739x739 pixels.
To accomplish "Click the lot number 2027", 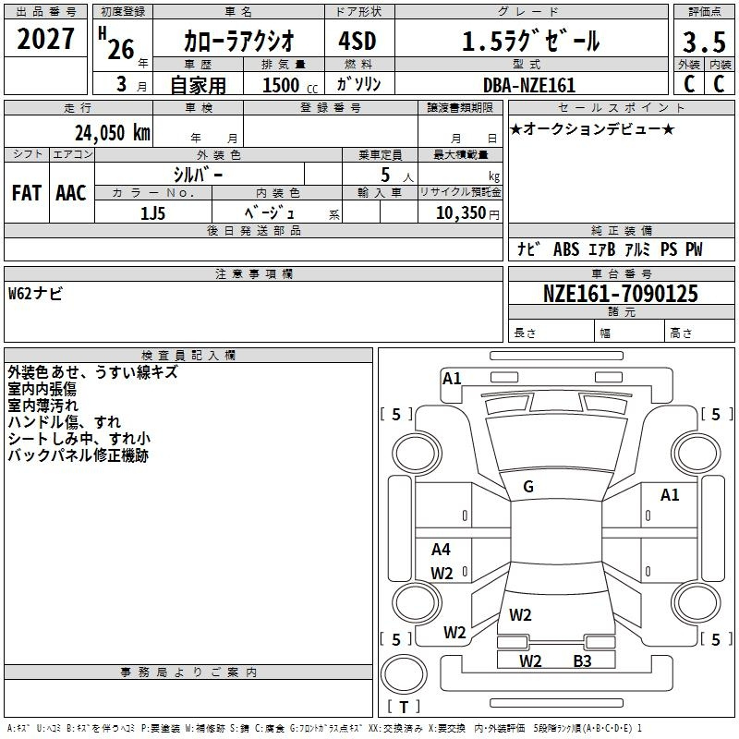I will click(x=46, y=41).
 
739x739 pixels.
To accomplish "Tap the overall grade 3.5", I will click(x=704, y=42).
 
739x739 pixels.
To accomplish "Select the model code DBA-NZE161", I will click(x=529, y=85).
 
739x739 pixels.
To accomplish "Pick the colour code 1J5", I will click(x=152, y=212).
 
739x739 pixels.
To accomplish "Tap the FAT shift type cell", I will click(x=27, y=192).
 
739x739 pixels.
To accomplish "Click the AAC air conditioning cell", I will click(x=71, y=192).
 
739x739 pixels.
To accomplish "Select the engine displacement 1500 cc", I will click(x=281, y=85).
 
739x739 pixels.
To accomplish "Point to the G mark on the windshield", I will click(x=528, y=487).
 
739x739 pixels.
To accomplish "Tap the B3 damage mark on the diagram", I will click(x=582, y=660).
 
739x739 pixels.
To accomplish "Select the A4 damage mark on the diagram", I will click(x=442, y=550).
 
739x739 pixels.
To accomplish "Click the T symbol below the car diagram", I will click(x=404, y=707).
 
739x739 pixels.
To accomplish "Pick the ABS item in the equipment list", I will click(x=566, y=249).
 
